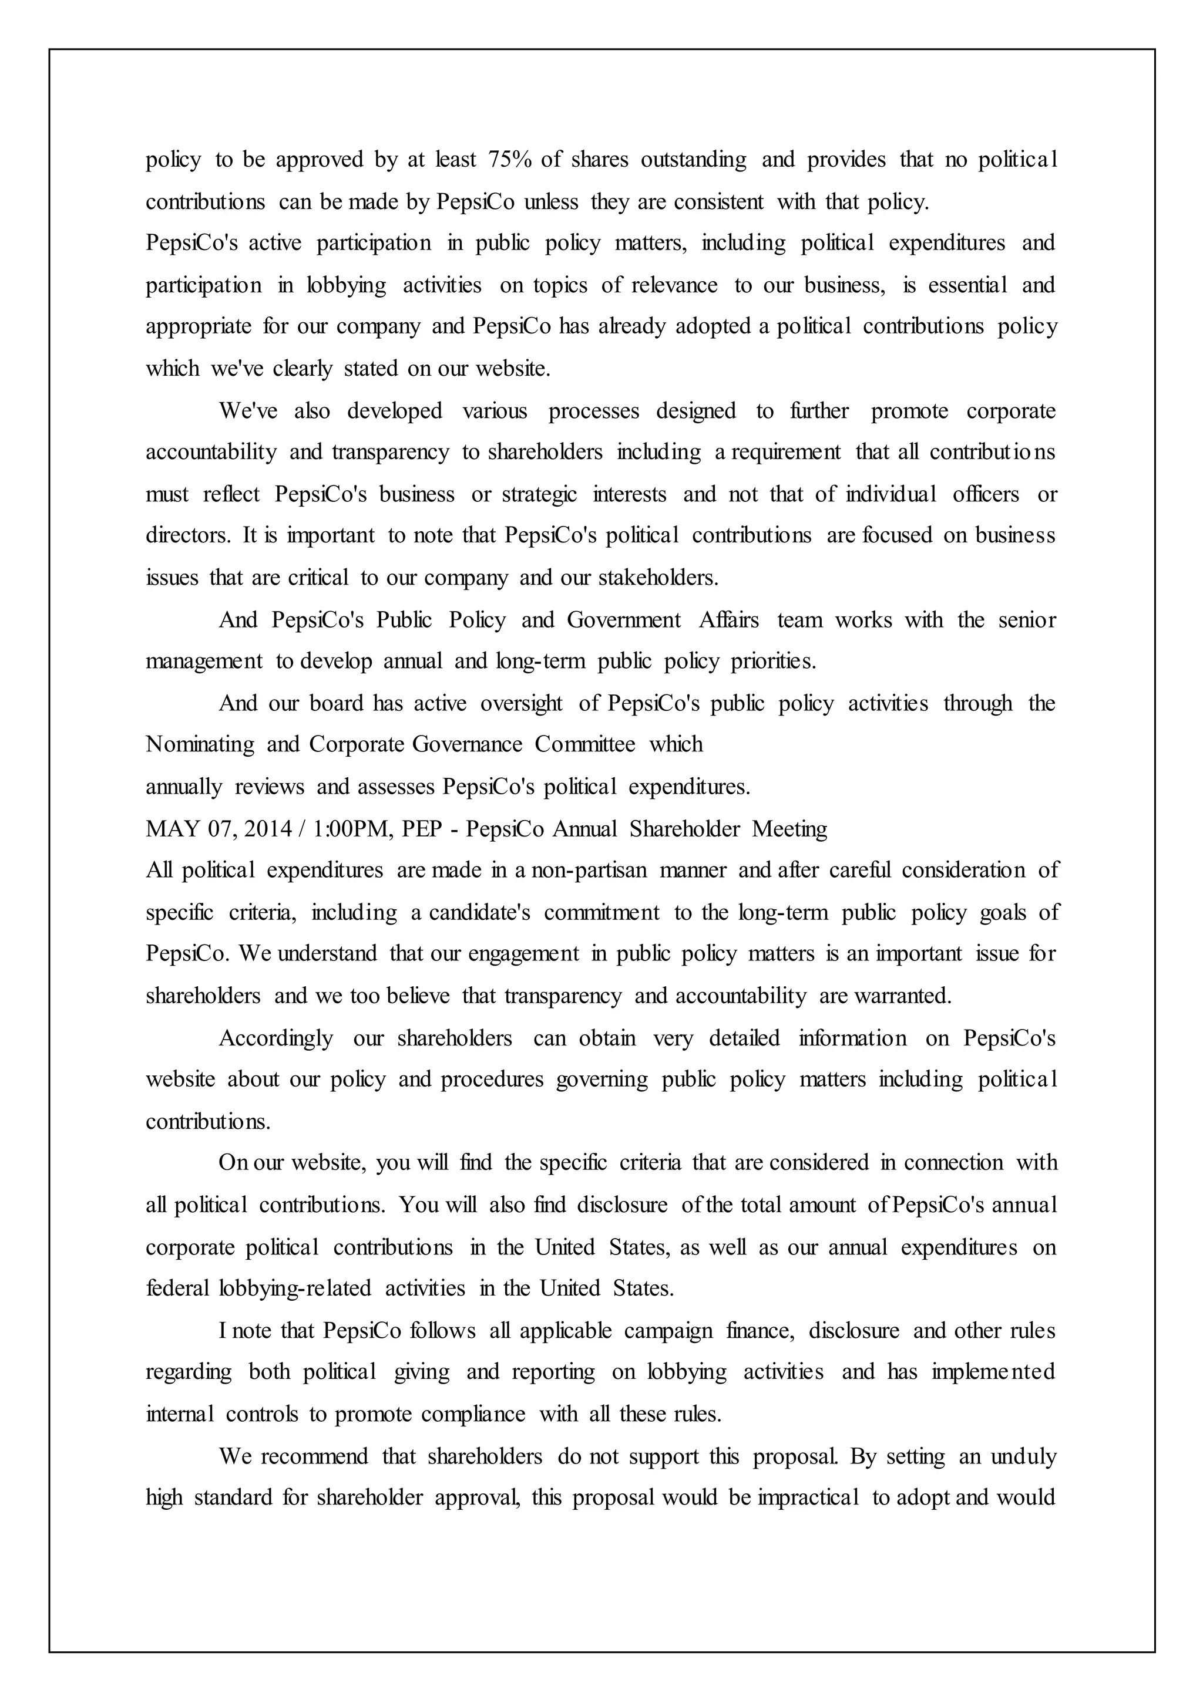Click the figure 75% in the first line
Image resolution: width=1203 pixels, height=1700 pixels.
click(x=510, y=159)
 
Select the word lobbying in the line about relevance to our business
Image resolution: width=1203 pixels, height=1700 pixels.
click(x=347, y=285)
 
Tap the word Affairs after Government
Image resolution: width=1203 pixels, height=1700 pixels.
click(x=729, y=620)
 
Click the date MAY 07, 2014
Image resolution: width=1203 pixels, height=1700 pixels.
click(x=219, y=828)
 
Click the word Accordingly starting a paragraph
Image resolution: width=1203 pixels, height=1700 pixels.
click(x=275, y=1038)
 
